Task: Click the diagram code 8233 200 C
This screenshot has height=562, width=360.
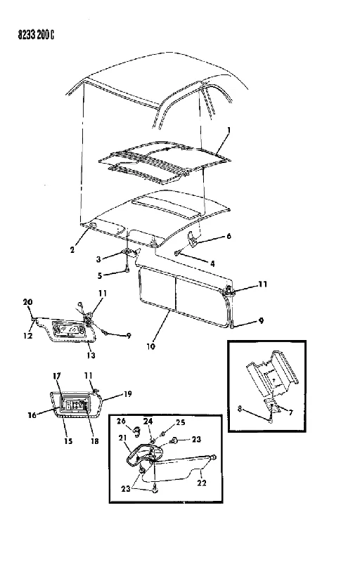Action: click(37, 34)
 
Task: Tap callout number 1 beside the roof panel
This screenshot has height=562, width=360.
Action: click(229, 130)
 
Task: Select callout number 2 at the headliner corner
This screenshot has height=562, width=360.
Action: click(73, 250)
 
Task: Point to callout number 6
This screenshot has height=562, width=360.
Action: click(229, 236)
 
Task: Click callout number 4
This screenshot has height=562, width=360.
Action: click(212, 264)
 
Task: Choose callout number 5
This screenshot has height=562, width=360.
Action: click(100, 275)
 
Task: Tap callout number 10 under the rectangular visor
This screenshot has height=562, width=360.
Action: click(151, 346)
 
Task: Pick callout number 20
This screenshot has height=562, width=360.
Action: click(27, 302)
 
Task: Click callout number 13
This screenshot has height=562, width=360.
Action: click(91, 355)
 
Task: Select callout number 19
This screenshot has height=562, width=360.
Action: click(128, 394)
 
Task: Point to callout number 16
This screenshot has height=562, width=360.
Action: click(32, 415)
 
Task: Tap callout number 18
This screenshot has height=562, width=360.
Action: click(94, 441)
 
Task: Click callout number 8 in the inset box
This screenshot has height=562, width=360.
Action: click(240, 408)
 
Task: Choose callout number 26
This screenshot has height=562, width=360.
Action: click(121, 421)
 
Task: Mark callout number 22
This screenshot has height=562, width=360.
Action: click(202, 483)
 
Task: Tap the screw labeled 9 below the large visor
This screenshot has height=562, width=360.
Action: click(233, 325)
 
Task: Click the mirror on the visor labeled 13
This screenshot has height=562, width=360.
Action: click(70, 328)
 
